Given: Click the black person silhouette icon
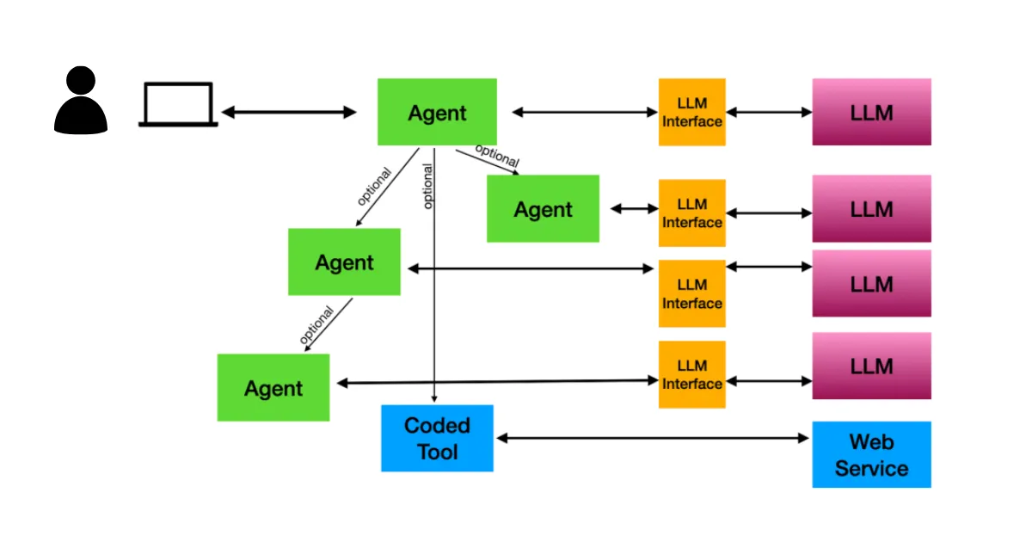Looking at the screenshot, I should click(81, 102).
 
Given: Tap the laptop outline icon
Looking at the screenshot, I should click(178, 105).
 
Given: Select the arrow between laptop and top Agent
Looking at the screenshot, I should click(289, 112).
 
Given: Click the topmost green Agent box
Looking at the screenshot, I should click(437, 112).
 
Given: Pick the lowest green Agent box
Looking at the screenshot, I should click(273, 388).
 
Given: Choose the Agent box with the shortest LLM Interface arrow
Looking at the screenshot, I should click(543, 209).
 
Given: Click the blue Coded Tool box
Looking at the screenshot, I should click(437, 438).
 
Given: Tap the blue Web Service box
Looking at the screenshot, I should click(871, 454).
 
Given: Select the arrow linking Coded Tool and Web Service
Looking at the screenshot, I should click(654, 438).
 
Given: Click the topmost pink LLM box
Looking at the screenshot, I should click(871, 112).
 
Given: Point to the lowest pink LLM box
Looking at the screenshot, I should click(871, 366).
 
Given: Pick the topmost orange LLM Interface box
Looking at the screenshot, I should click(691, 112).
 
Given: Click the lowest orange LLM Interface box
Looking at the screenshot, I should click(691, 375).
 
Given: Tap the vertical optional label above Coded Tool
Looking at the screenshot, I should click(427, 186).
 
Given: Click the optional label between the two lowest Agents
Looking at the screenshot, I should click(316, 326).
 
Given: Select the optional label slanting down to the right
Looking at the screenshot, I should click(497, 156).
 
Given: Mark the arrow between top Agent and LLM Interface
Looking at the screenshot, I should click(585, 112).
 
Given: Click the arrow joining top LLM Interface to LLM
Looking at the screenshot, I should click(769, 112).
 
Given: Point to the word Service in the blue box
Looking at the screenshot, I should click(871, 469).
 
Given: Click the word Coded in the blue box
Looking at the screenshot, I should click(437, 425).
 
